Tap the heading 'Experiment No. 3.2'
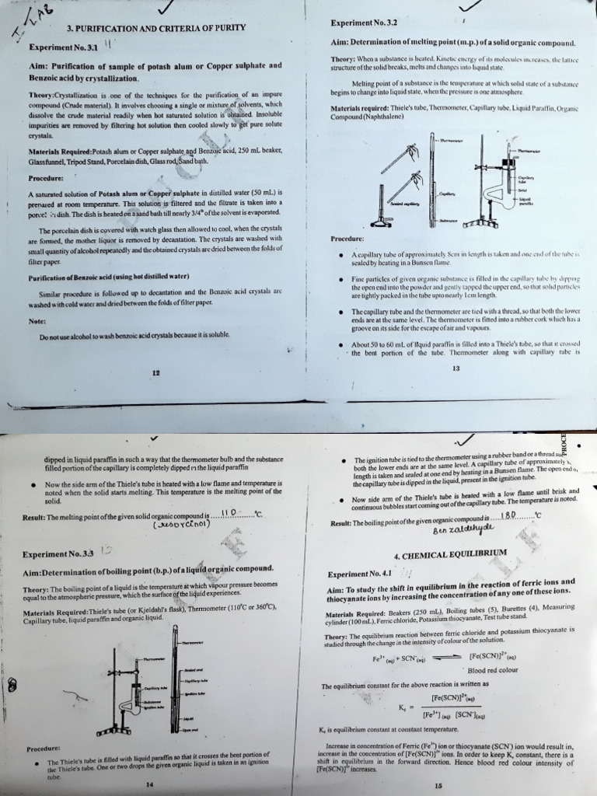365,23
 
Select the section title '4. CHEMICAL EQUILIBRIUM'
450,555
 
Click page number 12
155,373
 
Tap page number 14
149,785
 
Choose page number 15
438,785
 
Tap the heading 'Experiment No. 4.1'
358,574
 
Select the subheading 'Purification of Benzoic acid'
109,277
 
